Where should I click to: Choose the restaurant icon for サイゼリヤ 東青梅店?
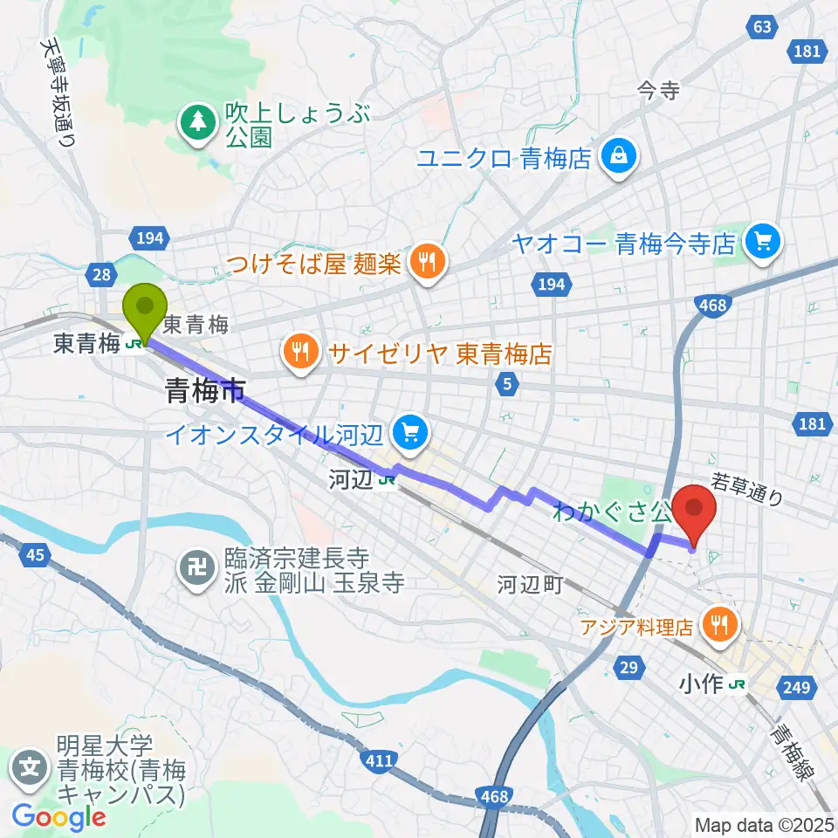click(301, 354)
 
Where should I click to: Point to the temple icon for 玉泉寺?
click(198, 570)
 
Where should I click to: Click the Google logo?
click(58, 817)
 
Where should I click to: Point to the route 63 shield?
click(762, 27)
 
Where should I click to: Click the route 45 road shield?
click(36, 555)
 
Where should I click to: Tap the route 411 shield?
click(379, 762)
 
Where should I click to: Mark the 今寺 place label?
click(657, 91)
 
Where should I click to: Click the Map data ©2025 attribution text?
click(765, 824)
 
